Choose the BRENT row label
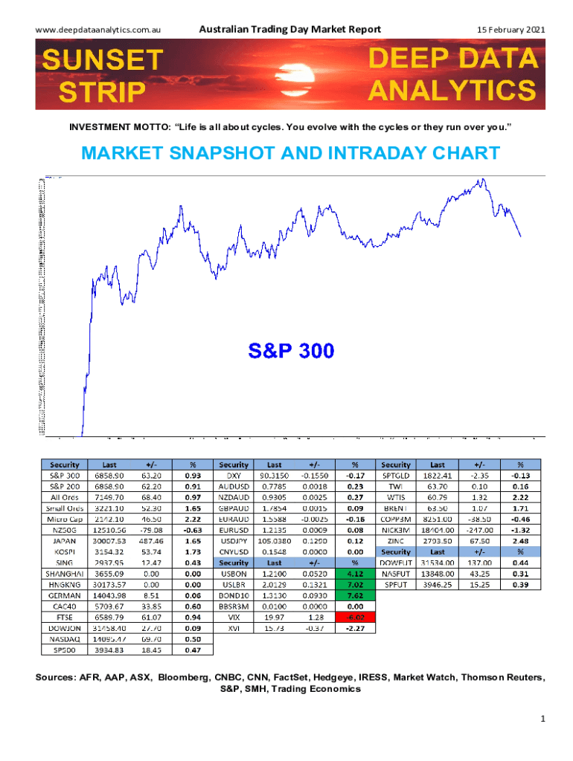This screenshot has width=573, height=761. tap(396, 509)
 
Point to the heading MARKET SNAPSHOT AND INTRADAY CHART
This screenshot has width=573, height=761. tap(290, 154)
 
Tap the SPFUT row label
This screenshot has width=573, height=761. tap(396, 584)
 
